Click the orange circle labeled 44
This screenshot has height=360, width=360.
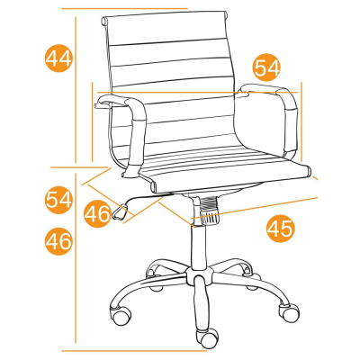tap(58, 58)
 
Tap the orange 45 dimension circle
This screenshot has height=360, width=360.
tap(281, 229)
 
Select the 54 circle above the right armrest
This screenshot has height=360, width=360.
tap(266, 67)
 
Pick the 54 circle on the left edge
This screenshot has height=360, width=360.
tap(58, 200)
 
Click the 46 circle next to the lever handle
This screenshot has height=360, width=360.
tap(97, 214)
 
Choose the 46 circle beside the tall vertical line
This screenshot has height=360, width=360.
tap(58, 241)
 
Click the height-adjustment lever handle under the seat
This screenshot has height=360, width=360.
tap(120, 211)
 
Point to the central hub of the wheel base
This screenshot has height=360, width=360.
tap(199, 276)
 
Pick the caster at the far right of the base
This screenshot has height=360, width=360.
tap(289, 312)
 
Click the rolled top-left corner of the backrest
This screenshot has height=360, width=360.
tap(104, 22)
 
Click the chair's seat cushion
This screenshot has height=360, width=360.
tap(225, 173)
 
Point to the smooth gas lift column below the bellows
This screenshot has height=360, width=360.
tap(199, 246)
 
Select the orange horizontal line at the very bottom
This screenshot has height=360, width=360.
tap(134, 350)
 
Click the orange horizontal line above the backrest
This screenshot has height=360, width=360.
tap(124, 9)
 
